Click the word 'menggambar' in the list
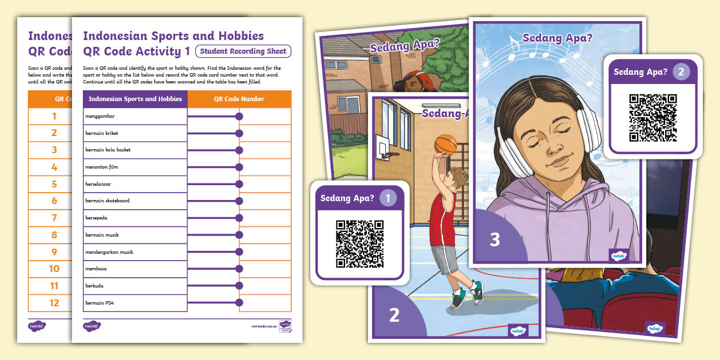click(100, 117)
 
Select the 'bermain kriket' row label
click(102, 133)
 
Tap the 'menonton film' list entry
click(102, 167)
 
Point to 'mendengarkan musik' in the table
click(109, 252)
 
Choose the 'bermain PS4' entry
click(100, 303)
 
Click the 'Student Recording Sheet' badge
click(243, 51)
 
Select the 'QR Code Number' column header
click(239, 99)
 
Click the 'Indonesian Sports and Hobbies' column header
click(135, 99)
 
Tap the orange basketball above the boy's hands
click(445, 145)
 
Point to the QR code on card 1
click(359, 244)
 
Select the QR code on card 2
click(653, 118)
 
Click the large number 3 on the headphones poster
click(495, 239)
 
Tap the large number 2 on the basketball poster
click(394, 315)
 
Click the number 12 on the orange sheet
click(54, 303)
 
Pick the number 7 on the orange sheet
click(54, 218)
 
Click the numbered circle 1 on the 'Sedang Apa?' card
click(389, 198)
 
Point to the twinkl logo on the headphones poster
click(618, 255)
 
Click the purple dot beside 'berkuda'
click(239, 286)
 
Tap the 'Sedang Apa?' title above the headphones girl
click(557, 39)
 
